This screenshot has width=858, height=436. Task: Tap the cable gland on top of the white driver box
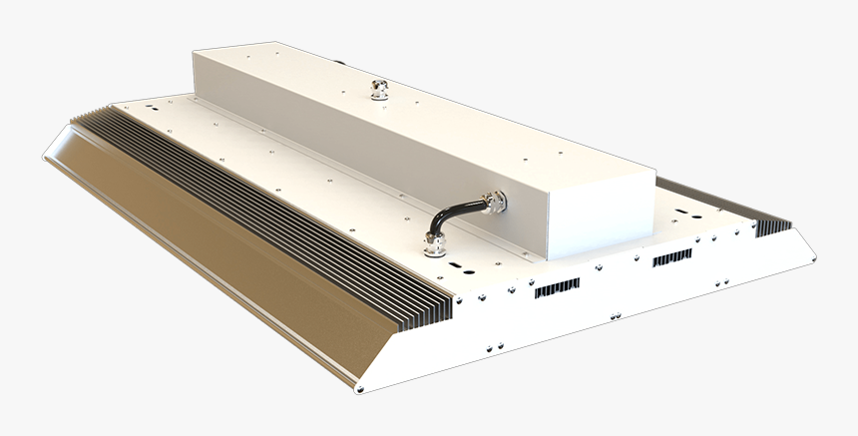379,90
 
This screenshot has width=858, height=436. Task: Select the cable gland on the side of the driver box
493,203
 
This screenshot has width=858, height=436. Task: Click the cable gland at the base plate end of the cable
434,244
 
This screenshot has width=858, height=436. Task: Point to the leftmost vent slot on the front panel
557,289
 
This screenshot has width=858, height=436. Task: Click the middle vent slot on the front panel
671,257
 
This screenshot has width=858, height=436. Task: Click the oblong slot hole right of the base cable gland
463,267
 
